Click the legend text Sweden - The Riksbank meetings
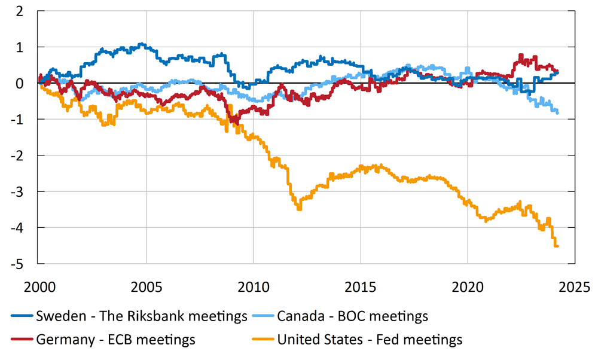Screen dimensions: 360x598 (x=141, y=316)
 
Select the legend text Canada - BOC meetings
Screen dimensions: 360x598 (x=352, y=316)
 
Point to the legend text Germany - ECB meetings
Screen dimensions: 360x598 (x=115, y=340)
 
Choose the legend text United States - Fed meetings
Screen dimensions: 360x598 (x=370, y=340)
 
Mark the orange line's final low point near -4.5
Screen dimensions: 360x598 (x=557, y=246)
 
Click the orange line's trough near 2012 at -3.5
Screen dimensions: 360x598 (x=299, y=209)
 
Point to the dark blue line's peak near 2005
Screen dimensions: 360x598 (x=141, y=44)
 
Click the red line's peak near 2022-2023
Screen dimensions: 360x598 (x=520, y=55)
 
